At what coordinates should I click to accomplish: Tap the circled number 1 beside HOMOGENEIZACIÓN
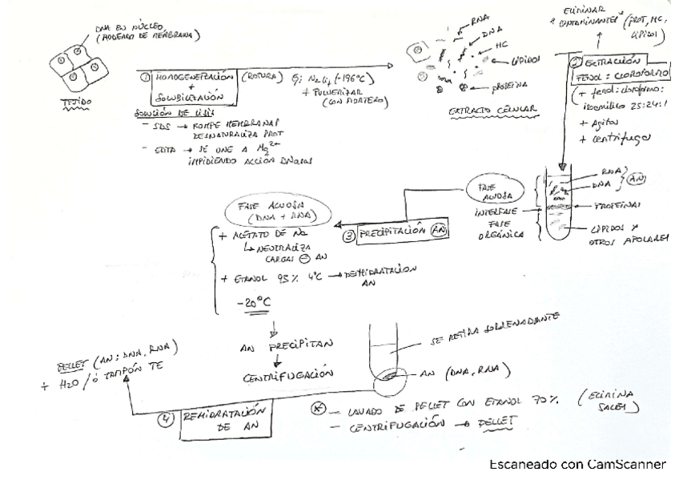144,79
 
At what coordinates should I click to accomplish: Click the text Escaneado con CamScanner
577,464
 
